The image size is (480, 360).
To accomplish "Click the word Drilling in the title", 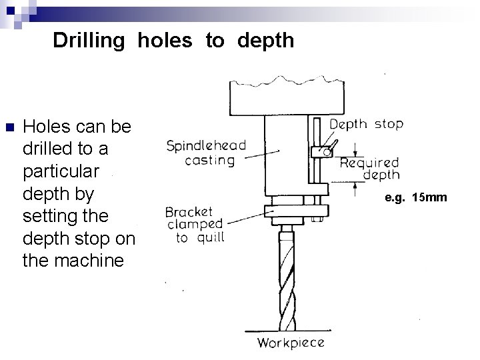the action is point(89,41).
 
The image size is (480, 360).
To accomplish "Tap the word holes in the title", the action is point(165,41).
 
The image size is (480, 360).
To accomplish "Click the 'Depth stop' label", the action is point(367,124).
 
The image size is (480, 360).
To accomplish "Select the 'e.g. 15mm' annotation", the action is point(416,198).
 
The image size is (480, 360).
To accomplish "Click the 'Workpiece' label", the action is point(291,343).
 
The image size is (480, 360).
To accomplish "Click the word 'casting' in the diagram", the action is point(210,160).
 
